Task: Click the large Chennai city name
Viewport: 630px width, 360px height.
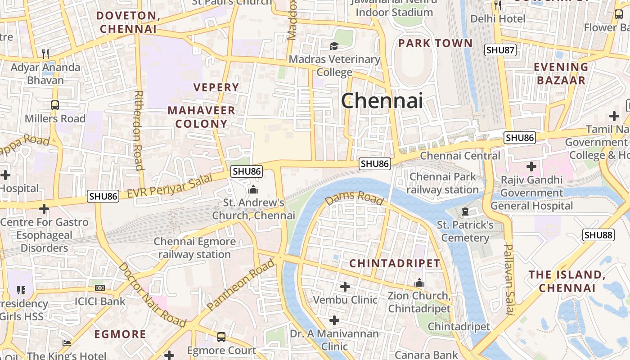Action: pyautogui.click(x=382, y=100)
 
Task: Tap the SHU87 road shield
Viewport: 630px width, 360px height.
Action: pyautogui.click(x=500, y=50)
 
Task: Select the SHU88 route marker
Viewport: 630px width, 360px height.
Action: pyautogui.click(x=598, y=235)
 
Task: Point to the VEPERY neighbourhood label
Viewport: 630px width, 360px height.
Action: pyautogui.click(x=216, y=87)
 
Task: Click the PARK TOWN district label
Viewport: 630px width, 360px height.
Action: pyautogui.click(x=435, y=43)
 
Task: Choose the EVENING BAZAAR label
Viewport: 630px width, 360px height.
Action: pyautogui.click(x=560, y=74)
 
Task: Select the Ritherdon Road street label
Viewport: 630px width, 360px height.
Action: pyautogui.click(x=139, y=130)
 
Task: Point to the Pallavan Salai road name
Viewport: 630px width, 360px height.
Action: pyautogui.click(x=509, y=279)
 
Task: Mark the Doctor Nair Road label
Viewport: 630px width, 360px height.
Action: pyautogui.click(x=152, y=295)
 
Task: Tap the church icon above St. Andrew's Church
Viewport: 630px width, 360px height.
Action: pyautogui.click(x=253, y=189)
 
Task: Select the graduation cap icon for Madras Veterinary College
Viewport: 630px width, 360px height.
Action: pyautogui.click(x=334, y=46)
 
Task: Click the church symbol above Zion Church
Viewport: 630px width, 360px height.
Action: pyautogui.click(x=419, y=283)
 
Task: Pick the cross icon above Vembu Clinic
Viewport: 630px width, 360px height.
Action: pyautogui.click(x=345, y=286)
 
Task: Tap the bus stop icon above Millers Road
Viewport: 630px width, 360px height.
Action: pyautogui.click(x=54, y=105)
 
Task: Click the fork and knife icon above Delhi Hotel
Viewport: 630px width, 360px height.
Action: pyautogui.click(x=498, y=5)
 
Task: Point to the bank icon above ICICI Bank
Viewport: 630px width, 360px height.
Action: pyautogui.click(x=100, y=288)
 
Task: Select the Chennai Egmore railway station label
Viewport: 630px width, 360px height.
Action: pyautogui.click(x=194, y=248)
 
